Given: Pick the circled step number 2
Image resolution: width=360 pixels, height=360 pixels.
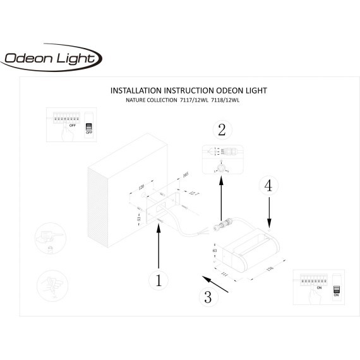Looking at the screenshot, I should (x=221, y=130).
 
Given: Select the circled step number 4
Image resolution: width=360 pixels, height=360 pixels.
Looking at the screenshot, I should (x=268, y=186).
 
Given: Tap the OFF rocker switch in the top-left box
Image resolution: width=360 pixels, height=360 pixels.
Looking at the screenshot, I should (x=88, y=128).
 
